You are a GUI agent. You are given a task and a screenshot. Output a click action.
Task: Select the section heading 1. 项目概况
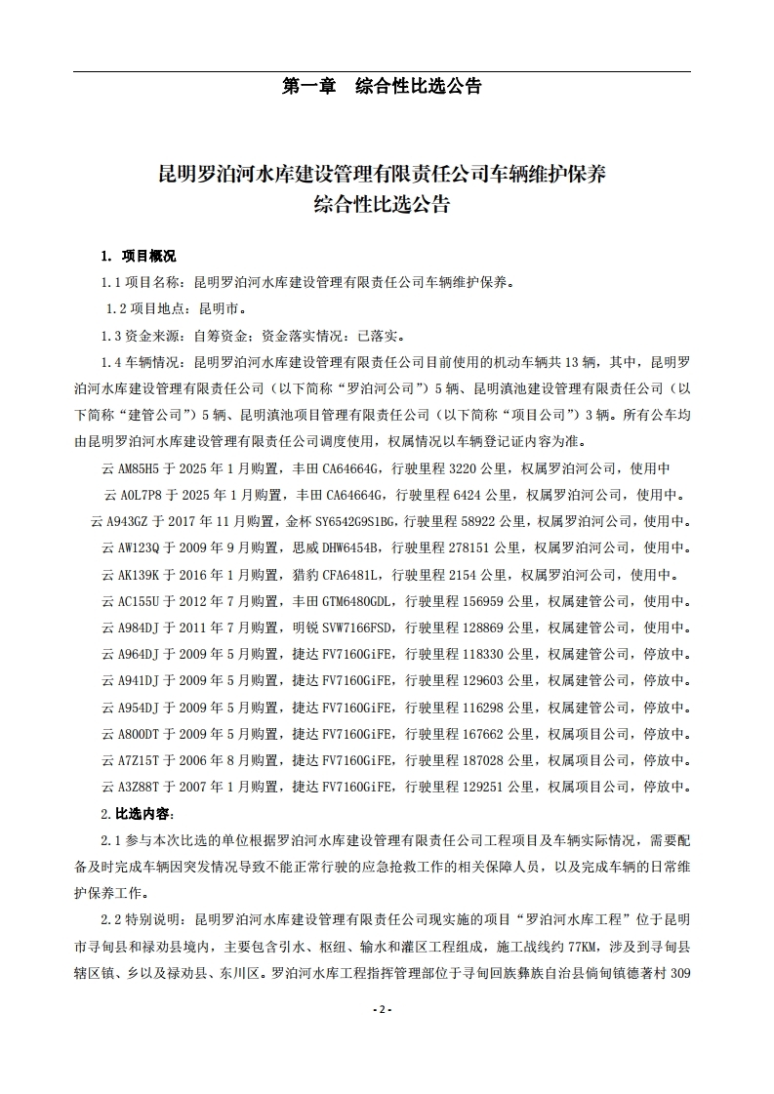139,257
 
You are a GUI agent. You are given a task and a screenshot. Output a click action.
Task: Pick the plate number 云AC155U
132,600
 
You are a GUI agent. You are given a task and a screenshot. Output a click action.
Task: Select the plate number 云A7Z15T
132,758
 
